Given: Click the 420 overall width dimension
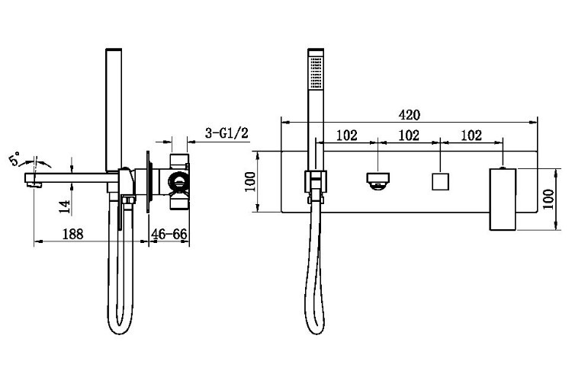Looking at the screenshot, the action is coord(409,115).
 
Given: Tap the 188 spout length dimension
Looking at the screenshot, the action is coord(72,234).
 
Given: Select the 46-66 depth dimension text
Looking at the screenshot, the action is coord(169,234).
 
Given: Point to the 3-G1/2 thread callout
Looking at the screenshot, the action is coord(227,133).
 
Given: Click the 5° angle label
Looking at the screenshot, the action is coord(14,159).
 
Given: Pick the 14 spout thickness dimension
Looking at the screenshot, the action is coord(65,206).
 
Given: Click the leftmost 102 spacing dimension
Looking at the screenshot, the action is coord(347,135).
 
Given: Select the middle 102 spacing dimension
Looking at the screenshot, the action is coord(408,135).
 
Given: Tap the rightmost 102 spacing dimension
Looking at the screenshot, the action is coord(471,135).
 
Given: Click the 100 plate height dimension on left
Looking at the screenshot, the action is coord(250,181).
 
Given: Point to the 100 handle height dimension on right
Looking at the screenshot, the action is coord(548,200).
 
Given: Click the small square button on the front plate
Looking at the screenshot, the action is coord(441,181).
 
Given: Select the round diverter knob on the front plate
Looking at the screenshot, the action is coord(378,181).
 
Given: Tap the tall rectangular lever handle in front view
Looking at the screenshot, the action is coord(503,200).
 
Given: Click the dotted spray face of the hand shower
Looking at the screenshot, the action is coord(316,72).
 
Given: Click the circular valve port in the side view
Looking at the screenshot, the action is coord(179,182).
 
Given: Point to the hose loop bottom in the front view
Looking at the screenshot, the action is coord(316,333).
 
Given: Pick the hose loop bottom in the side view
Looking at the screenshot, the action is coord(120,333).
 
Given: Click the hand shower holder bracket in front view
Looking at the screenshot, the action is coord(316,182).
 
